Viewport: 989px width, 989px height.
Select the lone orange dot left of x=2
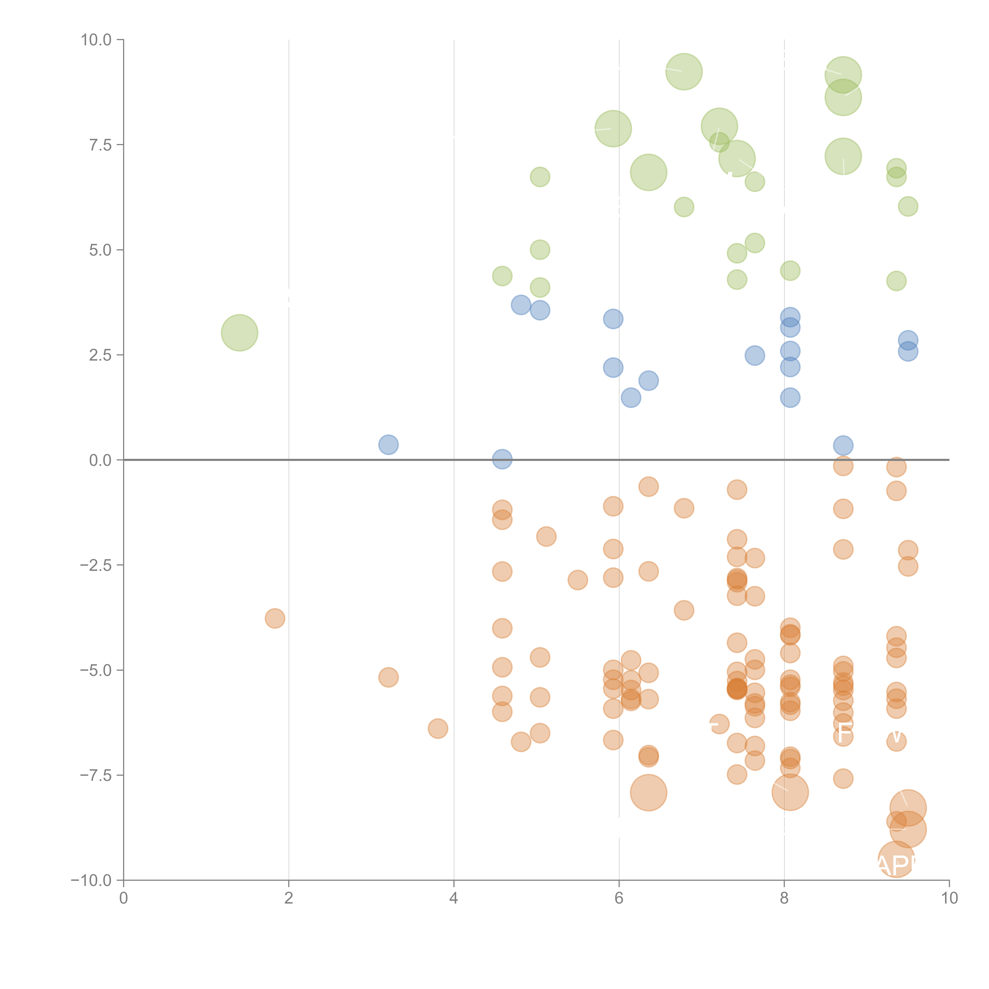pyautogui.click(x=275, y=618)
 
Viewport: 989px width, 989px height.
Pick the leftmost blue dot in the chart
pyautogui.click(x=388, y=444)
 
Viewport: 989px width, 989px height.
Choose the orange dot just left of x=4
pyautogui.click(x=438, y=728)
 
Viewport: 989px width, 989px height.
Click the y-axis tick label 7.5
pyautogui.click(x=100, y=145)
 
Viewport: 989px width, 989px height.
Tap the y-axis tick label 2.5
pyautogui.click(x=100, y=355)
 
